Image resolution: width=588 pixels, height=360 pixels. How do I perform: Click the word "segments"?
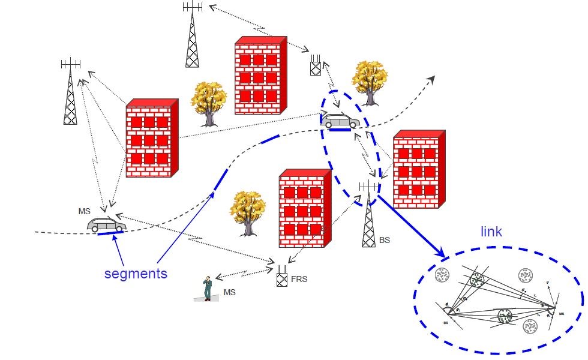[x=136, y=274]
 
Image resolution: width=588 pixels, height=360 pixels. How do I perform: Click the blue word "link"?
[x=491, y=232]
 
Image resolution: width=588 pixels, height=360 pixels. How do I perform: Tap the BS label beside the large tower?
[x=385, y=240]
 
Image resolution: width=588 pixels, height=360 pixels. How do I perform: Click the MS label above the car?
[x=85, y=211]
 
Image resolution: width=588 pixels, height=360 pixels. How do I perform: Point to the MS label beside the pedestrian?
[x=229, y=292]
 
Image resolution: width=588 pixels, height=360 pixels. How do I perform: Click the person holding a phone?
[x=207, y=288]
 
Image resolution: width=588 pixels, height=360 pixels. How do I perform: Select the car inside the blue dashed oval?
[x=340, y=121]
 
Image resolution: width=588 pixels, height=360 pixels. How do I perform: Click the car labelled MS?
[x=106, y=225]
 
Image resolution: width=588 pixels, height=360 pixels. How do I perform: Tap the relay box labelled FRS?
[x=282, y=278]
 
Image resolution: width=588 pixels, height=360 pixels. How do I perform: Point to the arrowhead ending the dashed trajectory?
[x=432, y=79]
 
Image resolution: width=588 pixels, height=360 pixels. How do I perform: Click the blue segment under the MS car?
[x=110, y=233]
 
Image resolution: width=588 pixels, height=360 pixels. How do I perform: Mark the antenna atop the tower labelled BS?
[x=369, y=187]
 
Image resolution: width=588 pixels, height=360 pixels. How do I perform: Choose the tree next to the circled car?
[x=369, y=82]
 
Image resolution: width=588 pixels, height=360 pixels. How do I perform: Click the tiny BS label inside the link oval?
[x=446, y=322]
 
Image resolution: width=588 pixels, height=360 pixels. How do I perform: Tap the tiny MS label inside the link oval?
[x=562, y=313]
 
